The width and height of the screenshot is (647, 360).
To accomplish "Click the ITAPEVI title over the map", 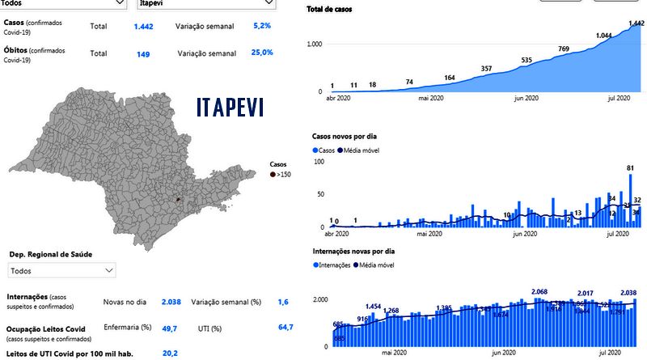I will click(x=230, y=107).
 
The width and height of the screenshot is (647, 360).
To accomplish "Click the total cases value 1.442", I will click(x=143, y=27).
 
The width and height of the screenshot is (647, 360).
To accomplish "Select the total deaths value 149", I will click(x=143, y=53).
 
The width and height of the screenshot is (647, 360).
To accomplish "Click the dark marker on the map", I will click(x=179, y=197).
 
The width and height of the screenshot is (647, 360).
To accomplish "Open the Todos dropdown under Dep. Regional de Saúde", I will click(x=62, y=271).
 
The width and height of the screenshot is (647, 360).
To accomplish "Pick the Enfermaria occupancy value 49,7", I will click(x=170, y=328).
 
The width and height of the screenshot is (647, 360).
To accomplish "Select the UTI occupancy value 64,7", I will click(x=285, y=328).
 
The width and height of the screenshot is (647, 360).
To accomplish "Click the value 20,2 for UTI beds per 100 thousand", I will click(x=170, y=353).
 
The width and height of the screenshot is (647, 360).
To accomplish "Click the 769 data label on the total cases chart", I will click(x=563, y=49).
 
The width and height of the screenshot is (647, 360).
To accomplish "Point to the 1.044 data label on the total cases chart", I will click(x=603, y=36).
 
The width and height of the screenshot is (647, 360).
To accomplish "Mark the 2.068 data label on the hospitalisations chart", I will click(x=539, y=291).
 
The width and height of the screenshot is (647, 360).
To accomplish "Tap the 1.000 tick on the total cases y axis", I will click(x=314, y=44).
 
